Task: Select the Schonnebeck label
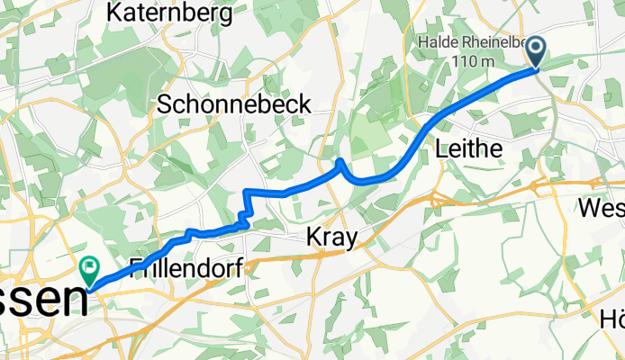point(234,104)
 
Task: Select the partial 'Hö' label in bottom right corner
point(611,319)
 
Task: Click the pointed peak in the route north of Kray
point(340,162)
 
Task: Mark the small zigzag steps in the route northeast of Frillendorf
point(243,215)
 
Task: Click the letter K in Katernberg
point(114,13)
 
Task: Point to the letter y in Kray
point(352,241)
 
